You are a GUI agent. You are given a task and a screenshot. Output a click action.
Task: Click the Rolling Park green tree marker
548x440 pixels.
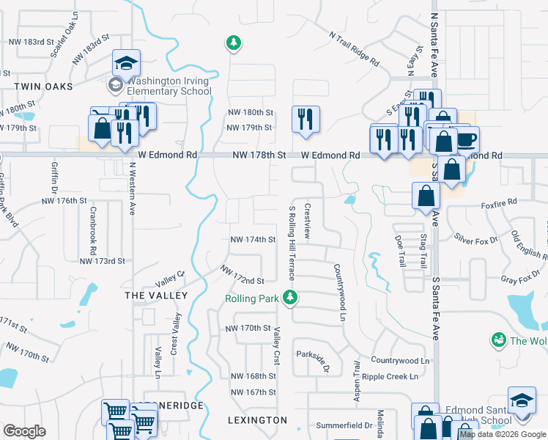point(292,298)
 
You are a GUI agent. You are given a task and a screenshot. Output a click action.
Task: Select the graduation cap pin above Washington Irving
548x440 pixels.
point(126,64)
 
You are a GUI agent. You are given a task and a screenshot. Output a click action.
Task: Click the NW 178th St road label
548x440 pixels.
point(258,155)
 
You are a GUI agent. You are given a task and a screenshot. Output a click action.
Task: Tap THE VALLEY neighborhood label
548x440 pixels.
point(156,295)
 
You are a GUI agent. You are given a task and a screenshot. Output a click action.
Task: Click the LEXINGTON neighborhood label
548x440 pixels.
point(257,420)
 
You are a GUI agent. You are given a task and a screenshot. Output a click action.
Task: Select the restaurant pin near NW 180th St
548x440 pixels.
point(306,119)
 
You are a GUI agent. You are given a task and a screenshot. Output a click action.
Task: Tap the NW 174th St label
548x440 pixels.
point(252,240)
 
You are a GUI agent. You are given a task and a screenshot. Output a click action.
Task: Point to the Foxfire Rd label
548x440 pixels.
point(500,201)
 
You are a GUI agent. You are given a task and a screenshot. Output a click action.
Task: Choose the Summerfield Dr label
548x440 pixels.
point(344,425)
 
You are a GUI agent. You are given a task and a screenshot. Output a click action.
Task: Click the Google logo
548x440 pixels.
point(24,431)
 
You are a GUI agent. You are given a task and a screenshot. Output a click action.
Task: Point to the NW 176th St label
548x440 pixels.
point(64,200)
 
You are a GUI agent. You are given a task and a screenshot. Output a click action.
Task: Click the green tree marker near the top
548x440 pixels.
point(234,44)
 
